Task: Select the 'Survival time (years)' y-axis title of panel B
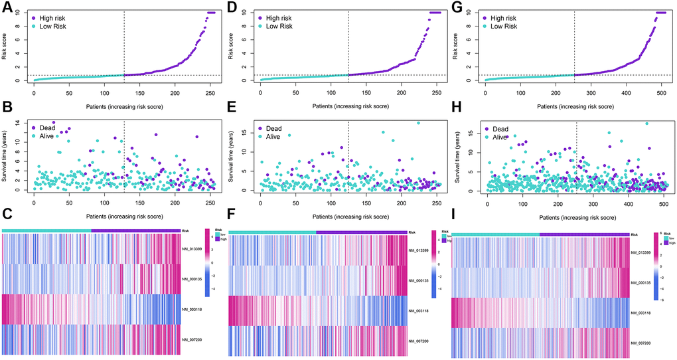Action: click(x=8, y=156)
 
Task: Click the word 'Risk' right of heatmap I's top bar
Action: click(x=635, y=235)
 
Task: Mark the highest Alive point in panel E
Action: click(x=418, y=123)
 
